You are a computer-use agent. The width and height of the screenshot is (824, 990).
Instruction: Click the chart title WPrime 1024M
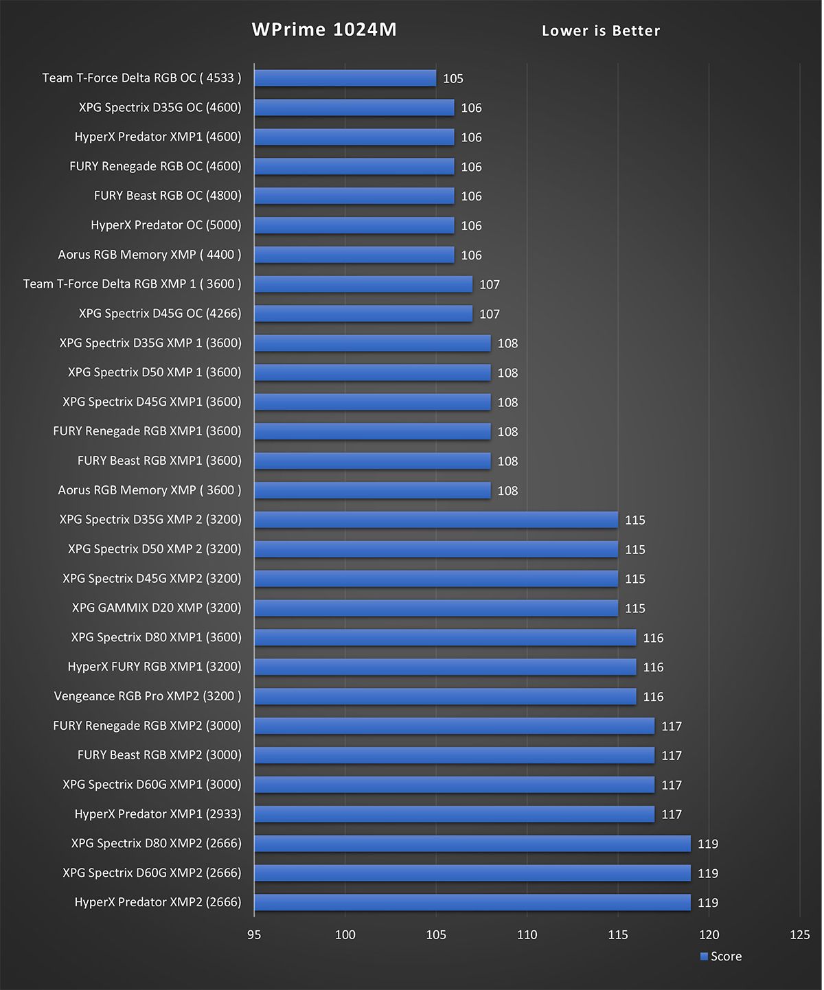pos(324,30)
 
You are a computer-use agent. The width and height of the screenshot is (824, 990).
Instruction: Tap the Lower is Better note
pos(601,31)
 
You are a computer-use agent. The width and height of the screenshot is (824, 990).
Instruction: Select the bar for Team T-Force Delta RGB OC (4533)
pos(345,78)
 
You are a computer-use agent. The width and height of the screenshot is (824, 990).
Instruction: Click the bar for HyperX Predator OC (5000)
pos(354,225)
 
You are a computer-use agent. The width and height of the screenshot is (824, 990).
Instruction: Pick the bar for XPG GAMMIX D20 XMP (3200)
pos(436,608)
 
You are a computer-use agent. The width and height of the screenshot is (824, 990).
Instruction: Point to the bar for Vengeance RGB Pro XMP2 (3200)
pos(445,696)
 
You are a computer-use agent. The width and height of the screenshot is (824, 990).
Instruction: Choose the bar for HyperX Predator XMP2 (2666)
pos(472,902)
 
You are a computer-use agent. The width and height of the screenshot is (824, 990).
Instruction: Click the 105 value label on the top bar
pos(453,79)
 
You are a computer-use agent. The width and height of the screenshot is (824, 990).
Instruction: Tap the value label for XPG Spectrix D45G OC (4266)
pos(490,314)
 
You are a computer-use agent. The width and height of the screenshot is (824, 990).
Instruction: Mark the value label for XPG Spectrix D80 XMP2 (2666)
pos(708,844)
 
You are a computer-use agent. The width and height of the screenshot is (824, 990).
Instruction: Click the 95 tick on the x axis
pos(254,935)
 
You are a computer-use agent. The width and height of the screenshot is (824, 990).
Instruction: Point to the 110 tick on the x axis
pos(527,935)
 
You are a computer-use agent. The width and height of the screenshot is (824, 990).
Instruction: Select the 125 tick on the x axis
pos(800,935)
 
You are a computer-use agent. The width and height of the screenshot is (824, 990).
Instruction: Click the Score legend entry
pos(721,957)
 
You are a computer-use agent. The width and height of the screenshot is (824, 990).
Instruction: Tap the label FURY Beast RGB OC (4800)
pos(168,196)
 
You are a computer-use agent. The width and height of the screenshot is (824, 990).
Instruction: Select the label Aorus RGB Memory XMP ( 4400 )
pos(150,255)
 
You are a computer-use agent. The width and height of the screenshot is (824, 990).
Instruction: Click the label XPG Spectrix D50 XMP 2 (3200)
pos(154,549)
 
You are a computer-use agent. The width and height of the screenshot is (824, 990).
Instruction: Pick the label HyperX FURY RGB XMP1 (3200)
pos(154,667)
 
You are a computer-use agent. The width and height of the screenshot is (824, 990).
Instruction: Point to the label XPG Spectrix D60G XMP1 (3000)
pos(152,785)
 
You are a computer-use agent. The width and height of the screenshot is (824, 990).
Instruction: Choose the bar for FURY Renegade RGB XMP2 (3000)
pos(454,726)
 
